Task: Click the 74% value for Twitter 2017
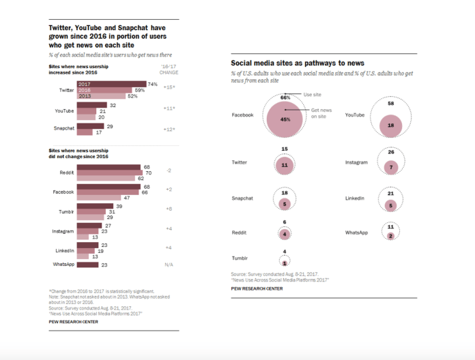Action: [153, 84]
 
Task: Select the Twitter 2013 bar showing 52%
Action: [106, 95]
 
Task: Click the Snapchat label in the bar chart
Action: [63, 128]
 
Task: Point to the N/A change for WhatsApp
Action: [169, 265]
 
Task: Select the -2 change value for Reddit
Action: [169, 172]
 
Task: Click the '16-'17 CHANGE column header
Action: [169, 69]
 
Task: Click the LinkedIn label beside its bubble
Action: [357, 198]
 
